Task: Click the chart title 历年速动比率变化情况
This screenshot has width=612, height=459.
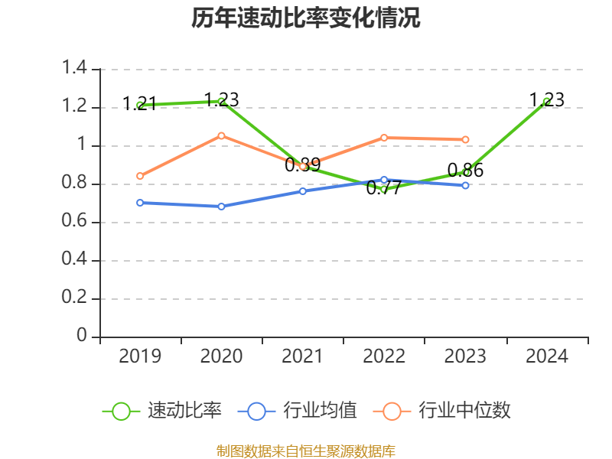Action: (306, 18)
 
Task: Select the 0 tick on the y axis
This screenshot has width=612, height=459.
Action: (83, 337)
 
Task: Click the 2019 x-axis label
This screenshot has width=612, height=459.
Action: (140, 356)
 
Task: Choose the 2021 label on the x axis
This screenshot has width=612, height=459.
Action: (302, 356)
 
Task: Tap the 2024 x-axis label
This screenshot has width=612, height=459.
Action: (546, 356)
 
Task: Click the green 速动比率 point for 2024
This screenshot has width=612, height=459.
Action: (546, 101)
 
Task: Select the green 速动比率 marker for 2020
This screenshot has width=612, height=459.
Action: (221, 101)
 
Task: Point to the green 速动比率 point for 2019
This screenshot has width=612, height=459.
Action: (140, 105)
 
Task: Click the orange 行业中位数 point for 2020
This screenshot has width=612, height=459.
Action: (221, 135)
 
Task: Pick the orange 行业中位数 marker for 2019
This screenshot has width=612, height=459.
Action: (140, 176)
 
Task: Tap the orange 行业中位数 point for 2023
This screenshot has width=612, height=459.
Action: (465, 139)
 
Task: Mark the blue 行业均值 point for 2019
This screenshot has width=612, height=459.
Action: (140, 203)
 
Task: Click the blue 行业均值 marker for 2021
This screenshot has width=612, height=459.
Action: (302, 191)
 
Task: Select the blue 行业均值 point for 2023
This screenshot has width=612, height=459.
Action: (465, 185)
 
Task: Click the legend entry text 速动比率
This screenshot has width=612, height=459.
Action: (184, 411)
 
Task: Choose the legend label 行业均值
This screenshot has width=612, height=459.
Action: (320, 411)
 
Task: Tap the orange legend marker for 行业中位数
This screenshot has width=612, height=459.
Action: (392, 411)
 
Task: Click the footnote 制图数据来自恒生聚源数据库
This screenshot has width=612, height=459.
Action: (306, 451)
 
